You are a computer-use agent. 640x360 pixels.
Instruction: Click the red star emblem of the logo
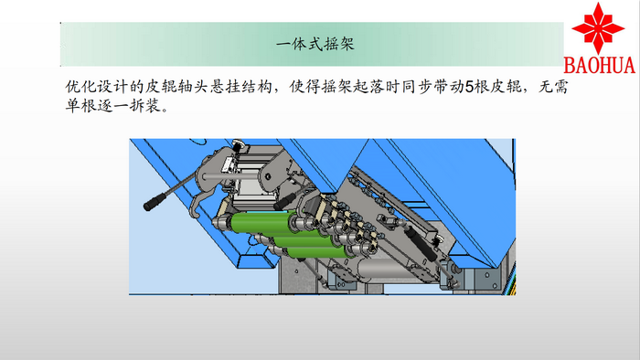coord(598,27)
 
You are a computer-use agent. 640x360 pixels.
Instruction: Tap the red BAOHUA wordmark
coord(599,65)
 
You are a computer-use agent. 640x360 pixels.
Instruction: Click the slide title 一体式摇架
coord(315,44)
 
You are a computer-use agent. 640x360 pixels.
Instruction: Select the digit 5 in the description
coord(469,87)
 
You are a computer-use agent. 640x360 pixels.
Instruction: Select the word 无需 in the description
coord(553,87)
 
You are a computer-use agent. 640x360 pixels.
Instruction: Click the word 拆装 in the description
coord(144,106)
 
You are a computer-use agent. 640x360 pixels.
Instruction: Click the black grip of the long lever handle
coord(155,202)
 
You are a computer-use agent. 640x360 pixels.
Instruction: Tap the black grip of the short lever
coord(285,202)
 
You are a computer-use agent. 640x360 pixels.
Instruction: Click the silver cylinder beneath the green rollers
coord(384,269)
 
